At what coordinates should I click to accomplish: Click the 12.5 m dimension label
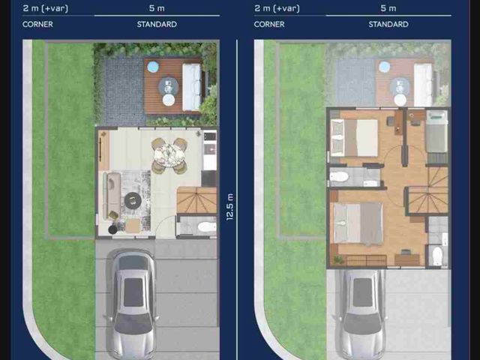(230, 207)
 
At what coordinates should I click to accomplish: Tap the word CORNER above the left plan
(37, 25)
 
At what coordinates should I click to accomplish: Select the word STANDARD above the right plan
(388, 25)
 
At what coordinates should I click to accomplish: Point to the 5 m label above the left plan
(157, 8)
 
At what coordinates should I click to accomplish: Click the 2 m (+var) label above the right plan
(277, 8)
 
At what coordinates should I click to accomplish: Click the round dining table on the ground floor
(169, 155)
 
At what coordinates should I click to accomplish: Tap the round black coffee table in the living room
(133, 201)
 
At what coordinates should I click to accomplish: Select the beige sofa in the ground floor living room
(112, 196)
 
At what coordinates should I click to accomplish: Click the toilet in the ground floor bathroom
(207, 227)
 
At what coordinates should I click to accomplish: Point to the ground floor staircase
(196, 200)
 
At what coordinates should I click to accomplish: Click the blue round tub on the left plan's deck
(153, 67)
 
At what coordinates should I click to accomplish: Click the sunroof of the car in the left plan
(133, 292)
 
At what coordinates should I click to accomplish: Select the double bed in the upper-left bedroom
(355, 138)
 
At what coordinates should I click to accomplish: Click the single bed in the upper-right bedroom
(436, 131)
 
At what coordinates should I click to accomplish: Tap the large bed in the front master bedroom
(358, 223)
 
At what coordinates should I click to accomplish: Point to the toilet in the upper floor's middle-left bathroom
(338, 177)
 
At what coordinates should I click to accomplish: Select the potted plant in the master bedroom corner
(338, 260)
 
